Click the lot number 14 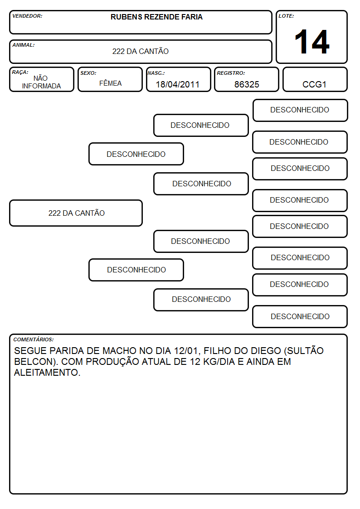pos(312,42)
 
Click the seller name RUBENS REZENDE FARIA pos(156,17)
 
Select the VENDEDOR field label pos(27,16)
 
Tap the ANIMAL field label pos(24,45)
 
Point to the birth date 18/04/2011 pos(178,84)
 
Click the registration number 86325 pos(247,84)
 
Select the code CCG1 pos(314,84)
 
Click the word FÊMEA pos(110,83)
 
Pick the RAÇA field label pos(20,72)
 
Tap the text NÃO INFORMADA pos(41,82)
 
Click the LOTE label pos(286,16)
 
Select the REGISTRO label pos(231,73)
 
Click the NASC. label pos(156,73)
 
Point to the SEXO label pos(88,73)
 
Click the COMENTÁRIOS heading pos(34,339)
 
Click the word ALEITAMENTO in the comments pos(47,372)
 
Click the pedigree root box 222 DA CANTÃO pos(76,213)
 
